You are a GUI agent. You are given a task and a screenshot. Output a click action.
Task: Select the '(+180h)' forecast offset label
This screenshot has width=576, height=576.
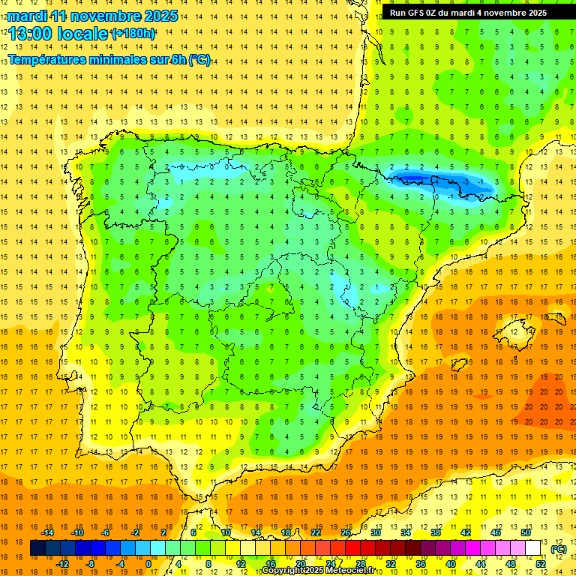coord(133,34)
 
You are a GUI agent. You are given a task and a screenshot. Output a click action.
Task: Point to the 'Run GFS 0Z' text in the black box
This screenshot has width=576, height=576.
coord(417,13)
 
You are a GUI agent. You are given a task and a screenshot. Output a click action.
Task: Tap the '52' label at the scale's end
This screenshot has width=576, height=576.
coord(541,564)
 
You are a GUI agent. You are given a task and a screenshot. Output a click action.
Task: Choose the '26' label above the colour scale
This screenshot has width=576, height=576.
coord(346,532)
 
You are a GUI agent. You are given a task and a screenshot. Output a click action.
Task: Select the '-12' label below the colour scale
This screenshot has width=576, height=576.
coord(62,564)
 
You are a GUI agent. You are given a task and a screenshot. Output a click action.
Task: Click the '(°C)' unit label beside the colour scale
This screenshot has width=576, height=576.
coord(559,549)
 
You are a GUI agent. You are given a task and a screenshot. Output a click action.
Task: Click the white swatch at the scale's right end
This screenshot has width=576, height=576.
coord(533,548)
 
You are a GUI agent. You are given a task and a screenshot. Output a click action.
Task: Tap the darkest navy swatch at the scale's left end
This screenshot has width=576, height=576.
coord(37,548)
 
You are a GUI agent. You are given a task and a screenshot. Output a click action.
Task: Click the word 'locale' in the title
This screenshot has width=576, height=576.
coord(82,34)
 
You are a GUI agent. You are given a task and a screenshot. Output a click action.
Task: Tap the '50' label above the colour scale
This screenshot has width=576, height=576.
coord(526,532)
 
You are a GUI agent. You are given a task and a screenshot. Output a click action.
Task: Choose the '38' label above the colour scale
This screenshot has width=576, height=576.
coord(436,532)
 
